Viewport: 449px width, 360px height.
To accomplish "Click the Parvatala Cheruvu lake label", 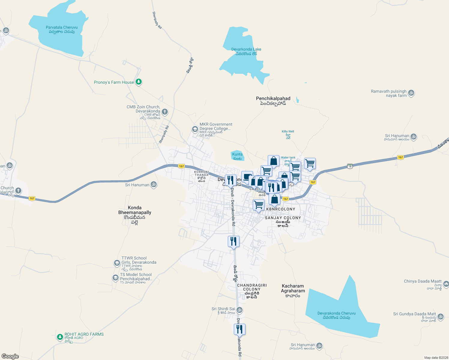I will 62,29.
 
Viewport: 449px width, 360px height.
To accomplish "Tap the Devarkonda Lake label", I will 246,51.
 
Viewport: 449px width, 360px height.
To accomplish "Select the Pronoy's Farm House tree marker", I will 138,82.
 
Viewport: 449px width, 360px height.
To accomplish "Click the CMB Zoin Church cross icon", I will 164,112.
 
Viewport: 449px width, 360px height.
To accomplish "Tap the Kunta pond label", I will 237,156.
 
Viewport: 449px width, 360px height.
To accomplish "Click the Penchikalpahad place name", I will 273,100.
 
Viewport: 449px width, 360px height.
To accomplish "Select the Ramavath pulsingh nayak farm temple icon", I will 411,93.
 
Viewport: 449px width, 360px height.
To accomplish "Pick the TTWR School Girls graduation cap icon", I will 117,263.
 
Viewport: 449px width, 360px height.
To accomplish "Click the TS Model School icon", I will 116,278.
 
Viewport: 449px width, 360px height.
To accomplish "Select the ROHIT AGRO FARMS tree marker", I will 60,337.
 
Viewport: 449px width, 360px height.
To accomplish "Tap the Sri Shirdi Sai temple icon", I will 239,310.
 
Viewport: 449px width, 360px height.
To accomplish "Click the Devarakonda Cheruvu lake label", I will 336,315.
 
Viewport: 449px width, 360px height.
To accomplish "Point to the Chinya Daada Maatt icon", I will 446,283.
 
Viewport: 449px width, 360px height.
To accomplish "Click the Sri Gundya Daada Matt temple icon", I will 440,316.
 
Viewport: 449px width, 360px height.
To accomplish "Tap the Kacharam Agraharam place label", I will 293,290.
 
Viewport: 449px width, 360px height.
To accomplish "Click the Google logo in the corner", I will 10,356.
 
